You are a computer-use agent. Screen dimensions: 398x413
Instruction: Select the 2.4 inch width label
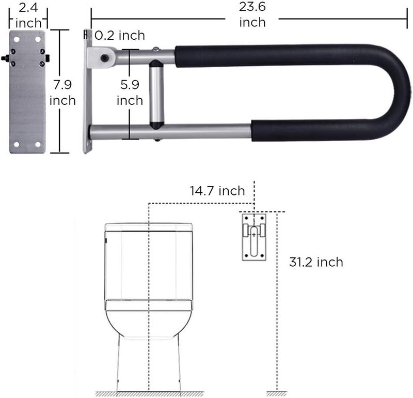coord(28,16)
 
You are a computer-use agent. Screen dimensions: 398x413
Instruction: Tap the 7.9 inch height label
coord(62,93)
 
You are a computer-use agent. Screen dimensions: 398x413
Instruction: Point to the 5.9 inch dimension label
coord(130,93)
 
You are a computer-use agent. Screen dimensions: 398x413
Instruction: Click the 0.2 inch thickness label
coord(120,36)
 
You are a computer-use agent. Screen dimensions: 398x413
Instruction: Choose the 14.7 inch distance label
coord(216,191)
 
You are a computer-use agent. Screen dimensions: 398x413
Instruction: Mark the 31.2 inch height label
coord(316,262)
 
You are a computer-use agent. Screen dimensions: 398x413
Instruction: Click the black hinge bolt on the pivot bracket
coord(106,58)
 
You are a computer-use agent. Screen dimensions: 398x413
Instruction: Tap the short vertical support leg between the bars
coord(156,93)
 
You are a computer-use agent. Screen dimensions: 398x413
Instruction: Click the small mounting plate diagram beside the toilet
coord(254,237)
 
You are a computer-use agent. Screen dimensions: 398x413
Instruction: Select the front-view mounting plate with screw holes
coord(27,92)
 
